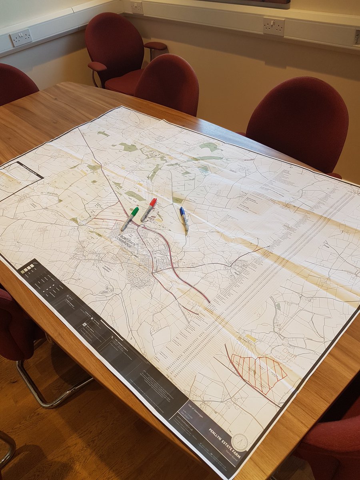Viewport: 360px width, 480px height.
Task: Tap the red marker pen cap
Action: pos(153,202)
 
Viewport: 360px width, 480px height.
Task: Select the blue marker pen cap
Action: pos(182,211)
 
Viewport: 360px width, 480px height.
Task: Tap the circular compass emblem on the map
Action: pos(240,442)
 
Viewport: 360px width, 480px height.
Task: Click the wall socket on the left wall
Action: pos(21,37)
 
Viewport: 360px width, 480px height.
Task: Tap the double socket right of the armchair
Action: pos(274,26)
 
